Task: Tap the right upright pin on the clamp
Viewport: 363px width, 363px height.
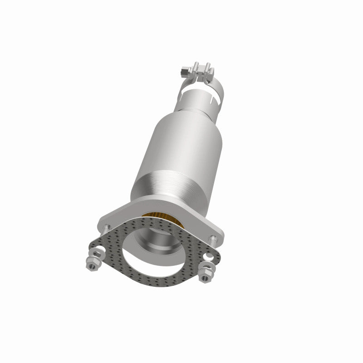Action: [x=208, y=68]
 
